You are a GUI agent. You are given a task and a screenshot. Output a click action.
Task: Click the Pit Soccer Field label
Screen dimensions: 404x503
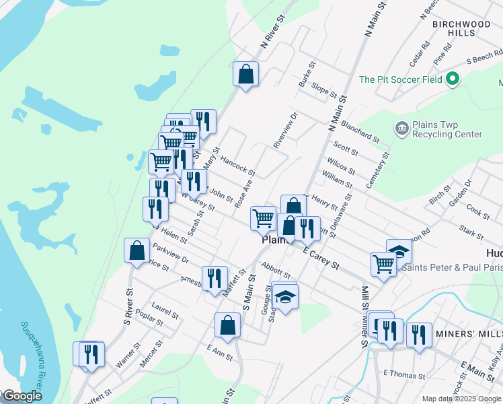401,79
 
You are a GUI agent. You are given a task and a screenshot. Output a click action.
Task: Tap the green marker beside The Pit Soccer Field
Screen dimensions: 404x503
453,79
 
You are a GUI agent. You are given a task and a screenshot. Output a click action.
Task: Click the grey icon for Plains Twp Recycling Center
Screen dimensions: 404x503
401,128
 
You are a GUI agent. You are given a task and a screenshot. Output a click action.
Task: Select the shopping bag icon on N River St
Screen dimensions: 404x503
246,73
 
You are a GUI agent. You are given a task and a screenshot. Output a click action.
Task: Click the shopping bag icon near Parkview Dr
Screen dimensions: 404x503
137,251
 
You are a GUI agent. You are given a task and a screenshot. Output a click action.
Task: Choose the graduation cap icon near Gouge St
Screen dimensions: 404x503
285,298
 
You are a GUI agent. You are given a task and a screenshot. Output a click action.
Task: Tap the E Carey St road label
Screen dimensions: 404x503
320,258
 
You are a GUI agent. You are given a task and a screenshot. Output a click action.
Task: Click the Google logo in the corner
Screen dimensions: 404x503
22,396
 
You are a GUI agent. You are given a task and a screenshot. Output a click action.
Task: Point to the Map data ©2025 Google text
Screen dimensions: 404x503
461,399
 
